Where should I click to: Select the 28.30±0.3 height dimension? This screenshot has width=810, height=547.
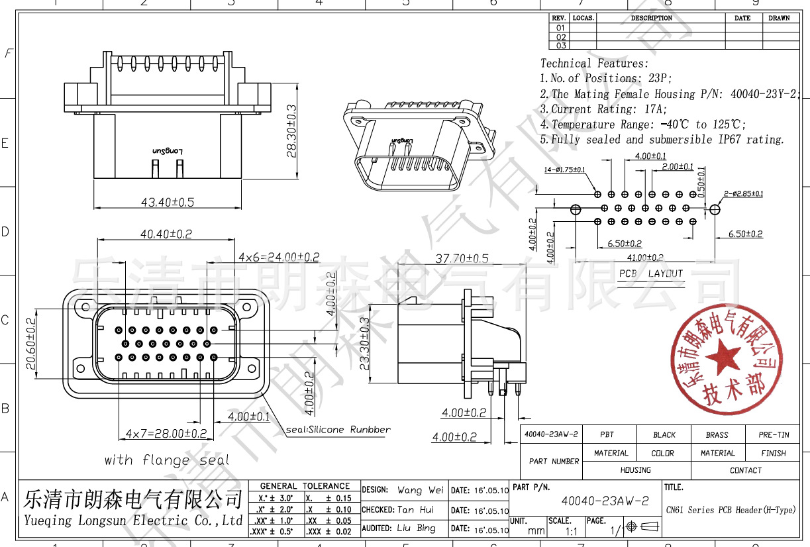coord(291,140)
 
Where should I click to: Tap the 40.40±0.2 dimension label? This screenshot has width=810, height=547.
coord(166,234)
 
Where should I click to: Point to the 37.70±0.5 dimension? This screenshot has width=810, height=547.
coord(462,258)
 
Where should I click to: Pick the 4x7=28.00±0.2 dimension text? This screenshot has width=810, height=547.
coord(166,434)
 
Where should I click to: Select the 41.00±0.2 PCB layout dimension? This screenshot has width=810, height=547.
coord(645,258)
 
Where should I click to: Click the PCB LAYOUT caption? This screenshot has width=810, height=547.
coord(650,273)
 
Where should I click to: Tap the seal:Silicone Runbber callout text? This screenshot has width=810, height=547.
coord(338,430)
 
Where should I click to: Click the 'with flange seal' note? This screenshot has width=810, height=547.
coord(167,460)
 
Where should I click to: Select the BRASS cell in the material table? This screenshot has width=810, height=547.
coord(717,435)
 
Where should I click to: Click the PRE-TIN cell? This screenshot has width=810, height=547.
coord(773,435)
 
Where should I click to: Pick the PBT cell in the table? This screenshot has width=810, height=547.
coord(607,435)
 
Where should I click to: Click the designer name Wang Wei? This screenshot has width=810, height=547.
coord(420,491)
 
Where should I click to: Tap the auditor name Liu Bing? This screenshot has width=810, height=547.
coord(417,528)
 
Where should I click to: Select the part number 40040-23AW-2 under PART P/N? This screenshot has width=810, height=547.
coord(605,501)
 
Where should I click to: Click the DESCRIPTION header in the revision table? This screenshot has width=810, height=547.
coord(651,19)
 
